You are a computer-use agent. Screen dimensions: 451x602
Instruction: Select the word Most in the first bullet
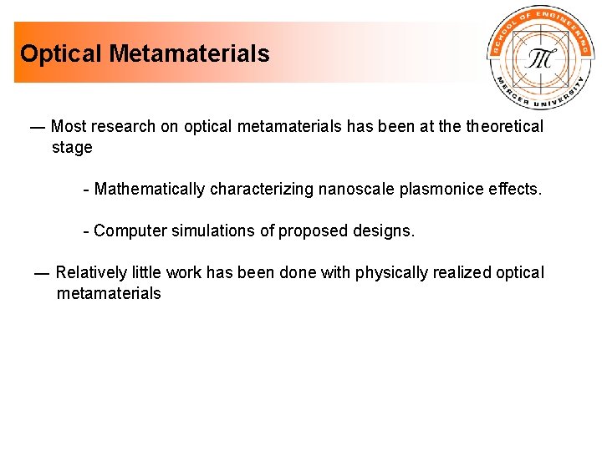pos(68,127)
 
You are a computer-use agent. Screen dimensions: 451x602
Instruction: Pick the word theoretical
pos(504,127)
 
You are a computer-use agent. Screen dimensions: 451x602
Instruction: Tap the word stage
pos(72,148)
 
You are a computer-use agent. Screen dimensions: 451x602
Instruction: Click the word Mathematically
pos(150,190)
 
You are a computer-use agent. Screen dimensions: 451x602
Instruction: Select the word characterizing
pos(261,190)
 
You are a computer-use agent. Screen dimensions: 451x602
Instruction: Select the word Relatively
pos(91,273)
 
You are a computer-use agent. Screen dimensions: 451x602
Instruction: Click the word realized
pos(462,273)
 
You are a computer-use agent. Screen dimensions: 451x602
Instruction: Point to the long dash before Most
pos(37,127)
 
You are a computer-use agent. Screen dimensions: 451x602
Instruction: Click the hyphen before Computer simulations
pos(87,231)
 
